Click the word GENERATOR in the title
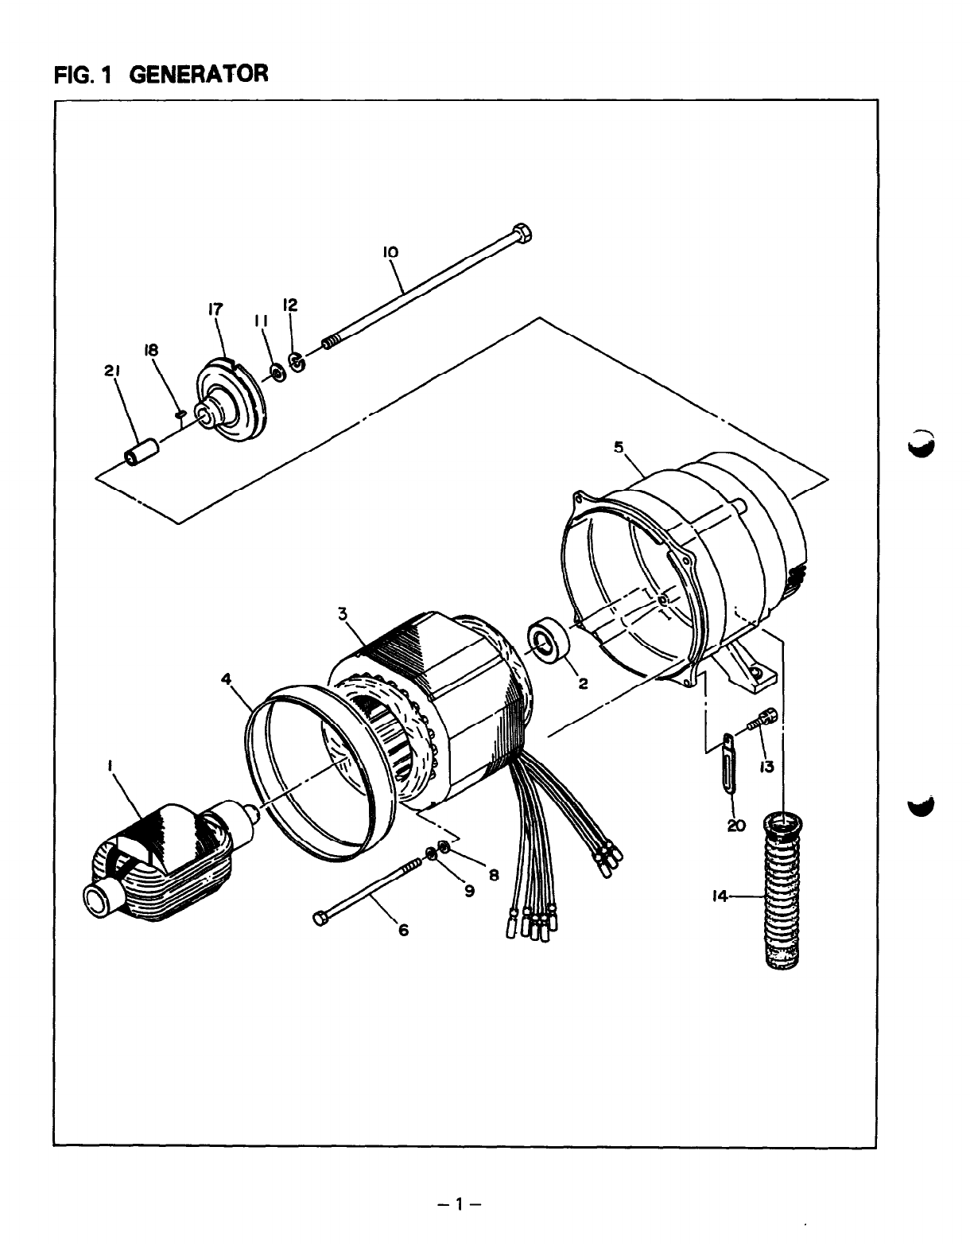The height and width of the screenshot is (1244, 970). (x=199, y=75)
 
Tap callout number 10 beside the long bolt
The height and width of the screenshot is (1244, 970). (x=390, y=252)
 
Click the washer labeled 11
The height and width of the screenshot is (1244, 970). (x=277, y=371)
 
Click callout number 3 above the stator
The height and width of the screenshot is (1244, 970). (x=343, y=612)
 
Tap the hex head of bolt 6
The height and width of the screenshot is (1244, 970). (x=320, y=919)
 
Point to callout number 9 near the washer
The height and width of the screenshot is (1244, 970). (x=470, y=891)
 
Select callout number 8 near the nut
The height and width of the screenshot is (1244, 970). (x=493, y=875)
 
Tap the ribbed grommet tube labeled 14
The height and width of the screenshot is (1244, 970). (x=783, y=891)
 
